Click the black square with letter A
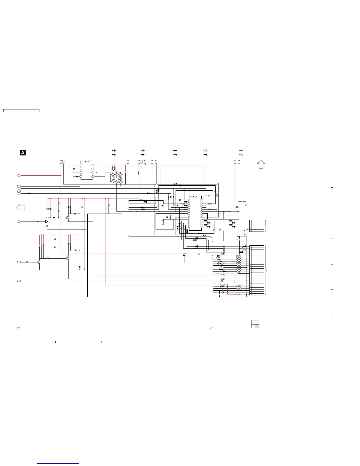coord(22,152)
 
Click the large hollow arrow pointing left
coord(21,208)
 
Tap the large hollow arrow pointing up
coord(261,164)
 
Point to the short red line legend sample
coord(89,155)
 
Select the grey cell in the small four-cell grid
coord(257,326)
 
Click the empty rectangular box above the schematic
coord(21,111)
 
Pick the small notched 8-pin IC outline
coord(87,170)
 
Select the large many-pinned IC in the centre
coord(195,213)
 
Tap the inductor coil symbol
coord(139,173)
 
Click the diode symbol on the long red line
coord(199,254)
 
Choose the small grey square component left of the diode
coord(184,254)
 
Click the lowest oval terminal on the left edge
coord(19,328)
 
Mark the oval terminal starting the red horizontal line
coord(19,175)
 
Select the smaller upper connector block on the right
coord(257,226)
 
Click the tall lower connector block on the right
coord(257,270)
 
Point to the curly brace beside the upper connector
coord(266,226)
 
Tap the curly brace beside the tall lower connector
coord(266,270)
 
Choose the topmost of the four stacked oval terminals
coord(19,186)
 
